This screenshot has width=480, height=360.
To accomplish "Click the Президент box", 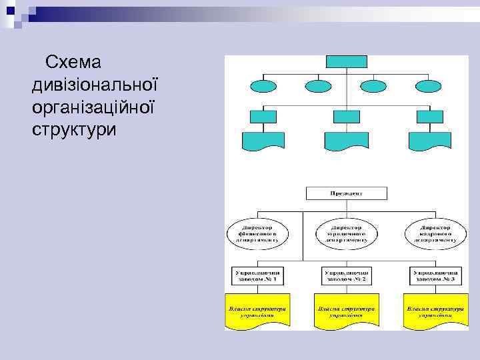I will (346, 194).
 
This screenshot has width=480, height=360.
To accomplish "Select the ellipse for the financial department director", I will (257, 234).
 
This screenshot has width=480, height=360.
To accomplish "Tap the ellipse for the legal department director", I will (347, 234).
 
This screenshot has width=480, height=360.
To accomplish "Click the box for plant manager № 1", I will (257, 277).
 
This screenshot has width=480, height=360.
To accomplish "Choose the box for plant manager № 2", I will (347, 277).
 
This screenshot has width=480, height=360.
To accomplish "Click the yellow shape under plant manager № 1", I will (257, 311).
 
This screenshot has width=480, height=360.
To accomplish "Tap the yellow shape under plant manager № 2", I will (347, 311).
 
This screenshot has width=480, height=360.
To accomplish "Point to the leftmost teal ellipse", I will (262, 87).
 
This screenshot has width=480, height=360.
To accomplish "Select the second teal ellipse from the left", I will (317, 87).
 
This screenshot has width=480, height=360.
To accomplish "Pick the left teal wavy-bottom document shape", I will (262, 141).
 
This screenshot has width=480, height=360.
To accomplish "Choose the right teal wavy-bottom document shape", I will (428, 141).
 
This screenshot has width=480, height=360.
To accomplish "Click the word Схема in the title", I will (72, 63).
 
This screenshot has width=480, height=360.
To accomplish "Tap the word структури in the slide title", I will (73, 127).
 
